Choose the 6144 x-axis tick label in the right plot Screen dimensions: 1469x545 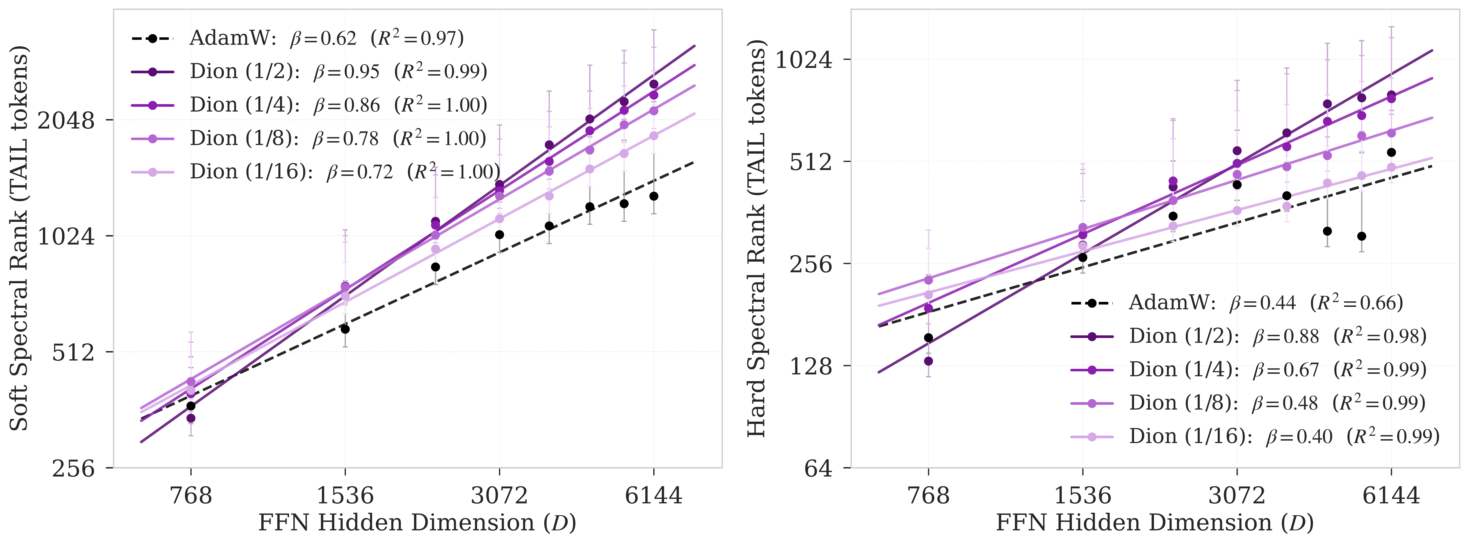[x=1391, y=495]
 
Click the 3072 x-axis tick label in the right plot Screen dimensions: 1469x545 [x=1237, y=495]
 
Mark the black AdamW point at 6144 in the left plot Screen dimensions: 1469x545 [x=654, y=196]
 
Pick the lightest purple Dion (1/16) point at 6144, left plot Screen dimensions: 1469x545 [x=654, y=136]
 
